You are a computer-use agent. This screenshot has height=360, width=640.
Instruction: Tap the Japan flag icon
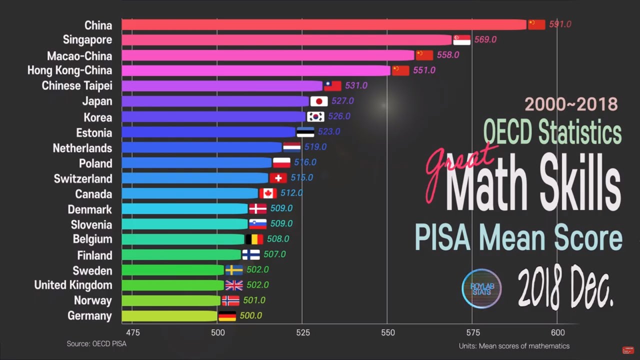(319, 101)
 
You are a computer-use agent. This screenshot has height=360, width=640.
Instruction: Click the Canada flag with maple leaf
(268, 193)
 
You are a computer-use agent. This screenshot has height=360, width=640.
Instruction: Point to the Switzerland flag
(278, 178)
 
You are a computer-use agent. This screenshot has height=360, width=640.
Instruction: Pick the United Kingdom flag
(234, 285)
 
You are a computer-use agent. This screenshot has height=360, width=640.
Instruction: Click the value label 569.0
(485, 39)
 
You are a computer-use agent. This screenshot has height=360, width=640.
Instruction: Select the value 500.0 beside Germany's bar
(250, 316)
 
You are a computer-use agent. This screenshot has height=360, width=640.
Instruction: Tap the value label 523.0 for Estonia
(328, 132)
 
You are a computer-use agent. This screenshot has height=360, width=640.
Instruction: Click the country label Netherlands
(82, 148)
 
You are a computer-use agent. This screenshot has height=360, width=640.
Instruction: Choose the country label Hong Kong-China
(69, 70)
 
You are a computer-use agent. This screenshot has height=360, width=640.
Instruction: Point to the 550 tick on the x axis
(387, 332)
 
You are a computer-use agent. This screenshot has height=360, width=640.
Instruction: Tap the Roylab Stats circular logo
(481, 288)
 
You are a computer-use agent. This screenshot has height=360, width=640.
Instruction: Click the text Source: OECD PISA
(96, 344)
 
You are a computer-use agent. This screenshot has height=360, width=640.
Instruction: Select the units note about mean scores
(514, 346)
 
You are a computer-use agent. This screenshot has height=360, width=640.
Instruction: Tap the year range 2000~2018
(571, 104)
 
